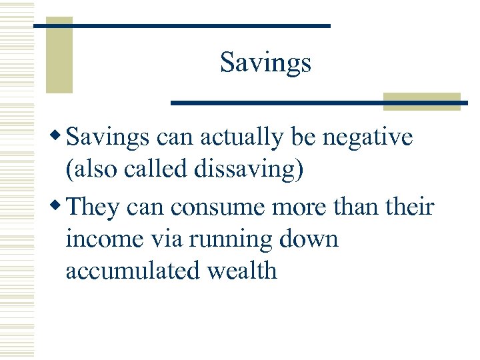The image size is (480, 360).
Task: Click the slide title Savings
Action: coord(265,63)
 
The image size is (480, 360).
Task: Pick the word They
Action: coord(92,207)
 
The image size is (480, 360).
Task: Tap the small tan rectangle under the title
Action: coord(422,100)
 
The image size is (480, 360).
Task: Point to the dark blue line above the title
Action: coord(181,25)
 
